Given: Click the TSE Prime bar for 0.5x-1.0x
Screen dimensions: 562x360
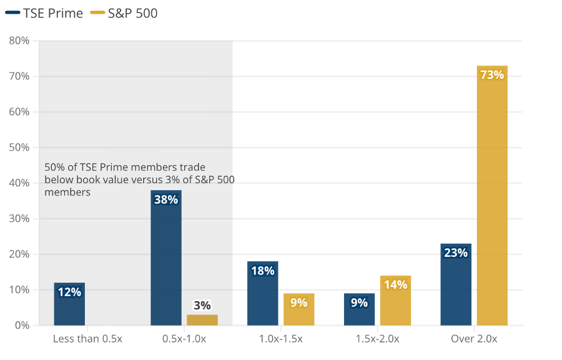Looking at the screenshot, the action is tap(166, 257).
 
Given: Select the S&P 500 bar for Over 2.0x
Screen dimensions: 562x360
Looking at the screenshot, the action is tap(492, 196).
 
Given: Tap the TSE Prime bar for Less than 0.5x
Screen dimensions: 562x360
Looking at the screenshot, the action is tap(69, 304).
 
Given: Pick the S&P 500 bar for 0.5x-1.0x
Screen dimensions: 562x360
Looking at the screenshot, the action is tap(202, 320).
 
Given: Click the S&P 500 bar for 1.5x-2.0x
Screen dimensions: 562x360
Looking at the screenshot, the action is tap(395, 301).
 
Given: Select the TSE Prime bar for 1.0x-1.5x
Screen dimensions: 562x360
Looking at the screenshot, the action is tap(263, 293).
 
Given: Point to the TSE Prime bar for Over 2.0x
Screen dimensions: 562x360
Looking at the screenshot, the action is tap(456, 285).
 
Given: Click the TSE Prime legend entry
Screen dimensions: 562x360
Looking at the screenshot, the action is tap(44, 13).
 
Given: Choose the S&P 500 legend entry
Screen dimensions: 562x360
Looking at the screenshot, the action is tap(124, 13).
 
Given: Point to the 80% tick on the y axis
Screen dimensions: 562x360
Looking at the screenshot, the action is tap(19, 41).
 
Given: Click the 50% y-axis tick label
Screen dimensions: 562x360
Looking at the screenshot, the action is tap(19, 147).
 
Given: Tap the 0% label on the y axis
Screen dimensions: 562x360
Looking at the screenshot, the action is tap(22, 325).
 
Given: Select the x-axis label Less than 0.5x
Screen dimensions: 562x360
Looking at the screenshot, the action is tap(87, 339).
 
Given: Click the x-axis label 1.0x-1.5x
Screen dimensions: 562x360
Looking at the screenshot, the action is tap(280, 339).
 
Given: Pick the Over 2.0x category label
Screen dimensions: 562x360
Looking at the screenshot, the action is tap(474, 339).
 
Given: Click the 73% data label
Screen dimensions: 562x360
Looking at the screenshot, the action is tap(492, 74).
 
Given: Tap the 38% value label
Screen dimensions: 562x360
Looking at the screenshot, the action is tap(166, 199).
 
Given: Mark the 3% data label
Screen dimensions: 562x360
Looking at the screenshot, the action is tap(202, 306).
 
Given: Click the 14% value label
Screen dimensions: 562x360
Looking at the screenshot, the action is tap(395, 285).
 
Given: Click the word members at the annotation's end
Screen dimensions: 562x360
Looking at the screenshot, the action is tap(67, 192).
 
